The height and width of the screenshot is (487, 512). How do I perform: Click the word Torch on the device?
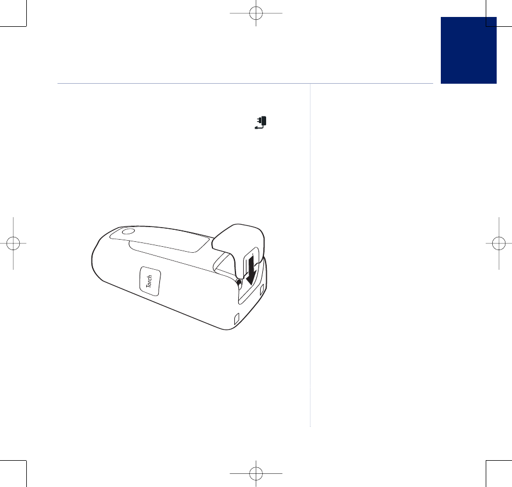coord(149,281)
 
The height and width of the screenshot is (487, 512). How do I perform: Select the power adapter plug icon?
coord(261,123)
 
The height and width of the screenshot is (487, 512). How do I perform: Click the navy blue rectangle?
coord(469,50)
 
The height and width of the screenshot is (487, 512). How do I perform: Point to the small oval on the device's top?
coord(128,231)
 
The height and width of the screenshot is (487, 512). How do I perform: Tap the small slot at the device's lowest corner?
coord(237,318)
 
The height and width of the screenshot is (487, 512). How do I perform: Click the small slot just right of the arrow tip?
coord(262,289)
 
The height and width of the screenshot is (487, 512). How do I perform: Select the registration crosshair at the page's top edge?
coord(256,13)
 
